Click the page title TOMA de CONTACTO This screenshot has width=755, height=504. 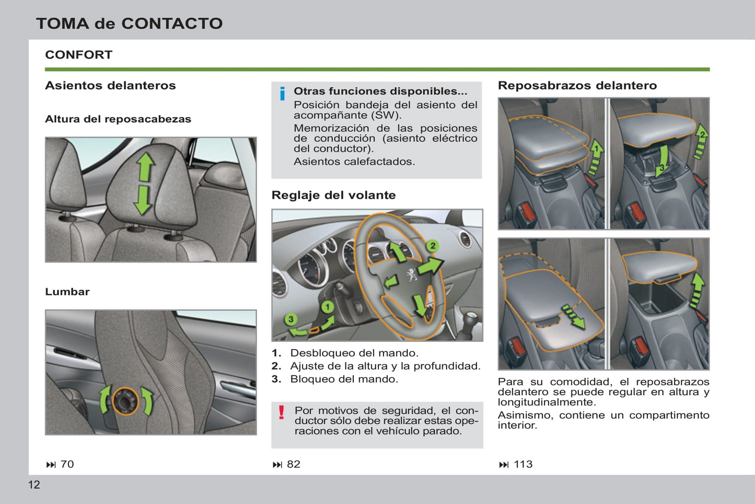click(x=129, y=24)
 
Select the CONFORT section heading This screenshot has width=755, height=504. click(x=78, y=55)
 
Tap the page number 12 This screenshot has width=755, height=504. click(x=34, y=485)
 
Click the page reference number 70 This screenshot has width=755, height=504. click(x=67, y=464)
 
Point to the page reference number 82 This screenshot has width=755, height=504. click(x=294, y=464)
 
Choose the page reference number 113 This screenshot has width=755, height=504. click(x=523, y=464)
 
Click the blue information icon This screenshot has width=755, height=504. click(x=282, y=94)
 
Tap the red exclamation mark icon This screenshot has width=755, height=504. click(x=282, y=413)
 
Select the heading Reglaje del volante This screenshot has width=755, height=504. click(x=333, y=195)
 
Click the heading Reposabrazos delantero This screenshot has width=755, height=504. click(x=577, y=85)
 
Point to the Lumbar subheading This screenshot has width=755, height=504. click(x=67, y=292)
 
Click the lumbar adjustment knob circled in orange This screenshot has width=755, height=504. click(x=125, y=401)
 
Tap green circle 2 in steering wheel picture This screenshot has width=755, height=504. click(x=432, y=246)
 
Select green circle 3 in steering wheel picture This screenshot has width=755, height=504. click(x=291, y=319)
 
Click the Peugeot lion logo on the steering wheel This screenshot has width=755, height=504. click(x=411, y=274)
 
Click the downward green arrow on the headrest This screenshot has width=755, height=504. click(x=142, y=201)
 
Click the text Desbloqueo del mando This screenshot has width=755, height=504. click(x=354, y=353)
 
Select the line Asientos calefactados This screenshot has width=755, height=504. click(x=354, y=162)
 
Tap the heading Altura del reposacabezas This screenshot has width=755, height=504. click(x=118, y=119)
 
